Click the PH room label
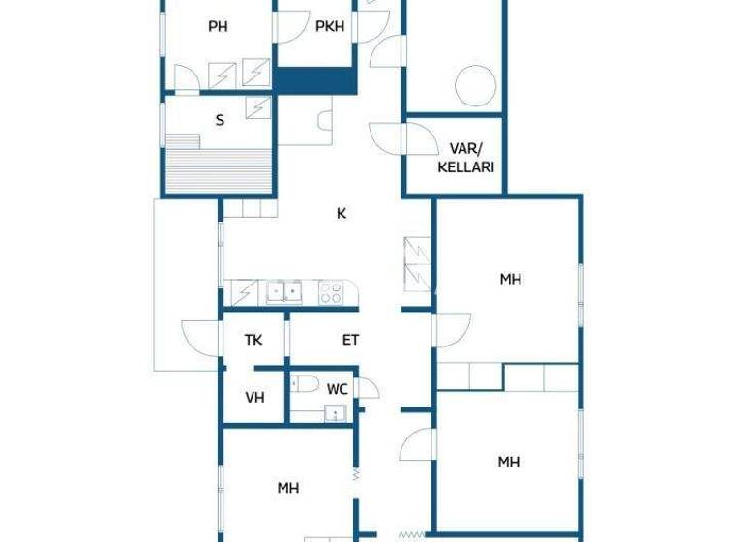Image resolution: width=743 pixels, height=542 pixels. (x=218, y=27)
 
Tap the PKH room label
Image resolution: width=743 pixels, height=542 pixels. (x=330, y=27)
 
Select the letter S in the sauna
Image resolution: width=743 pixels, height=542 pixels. (x=220, y=120)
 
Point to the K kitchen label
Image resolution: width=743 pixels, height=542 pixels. (x=342, y=214)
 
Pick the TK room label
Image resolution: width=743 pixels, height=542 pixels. (x=253, y=340)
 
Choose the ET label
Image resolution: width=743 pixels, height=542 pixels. (x=350, y=340)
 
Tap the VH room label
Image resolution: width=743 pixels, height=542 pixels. (x=254, y=397)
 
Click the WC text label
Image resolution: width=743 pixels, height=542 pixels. (x=337, y=389)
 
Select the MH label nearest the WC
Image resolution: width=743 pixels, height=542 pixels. (x=288, y=488)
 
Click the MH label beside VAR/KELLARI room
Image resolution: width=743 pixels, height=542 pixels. (x=511, y=280)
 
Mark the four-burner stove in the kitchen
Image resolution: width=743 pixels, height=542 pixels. (x=331, y=291)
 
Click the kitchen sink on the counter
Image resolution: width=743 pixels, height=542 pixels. (x=284, y=290)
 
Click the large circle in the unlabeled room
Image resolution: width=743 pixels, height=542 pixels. (x=475, y=83)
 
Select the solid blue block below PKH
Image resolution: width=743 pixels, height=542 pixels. (x=314, y=80)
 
